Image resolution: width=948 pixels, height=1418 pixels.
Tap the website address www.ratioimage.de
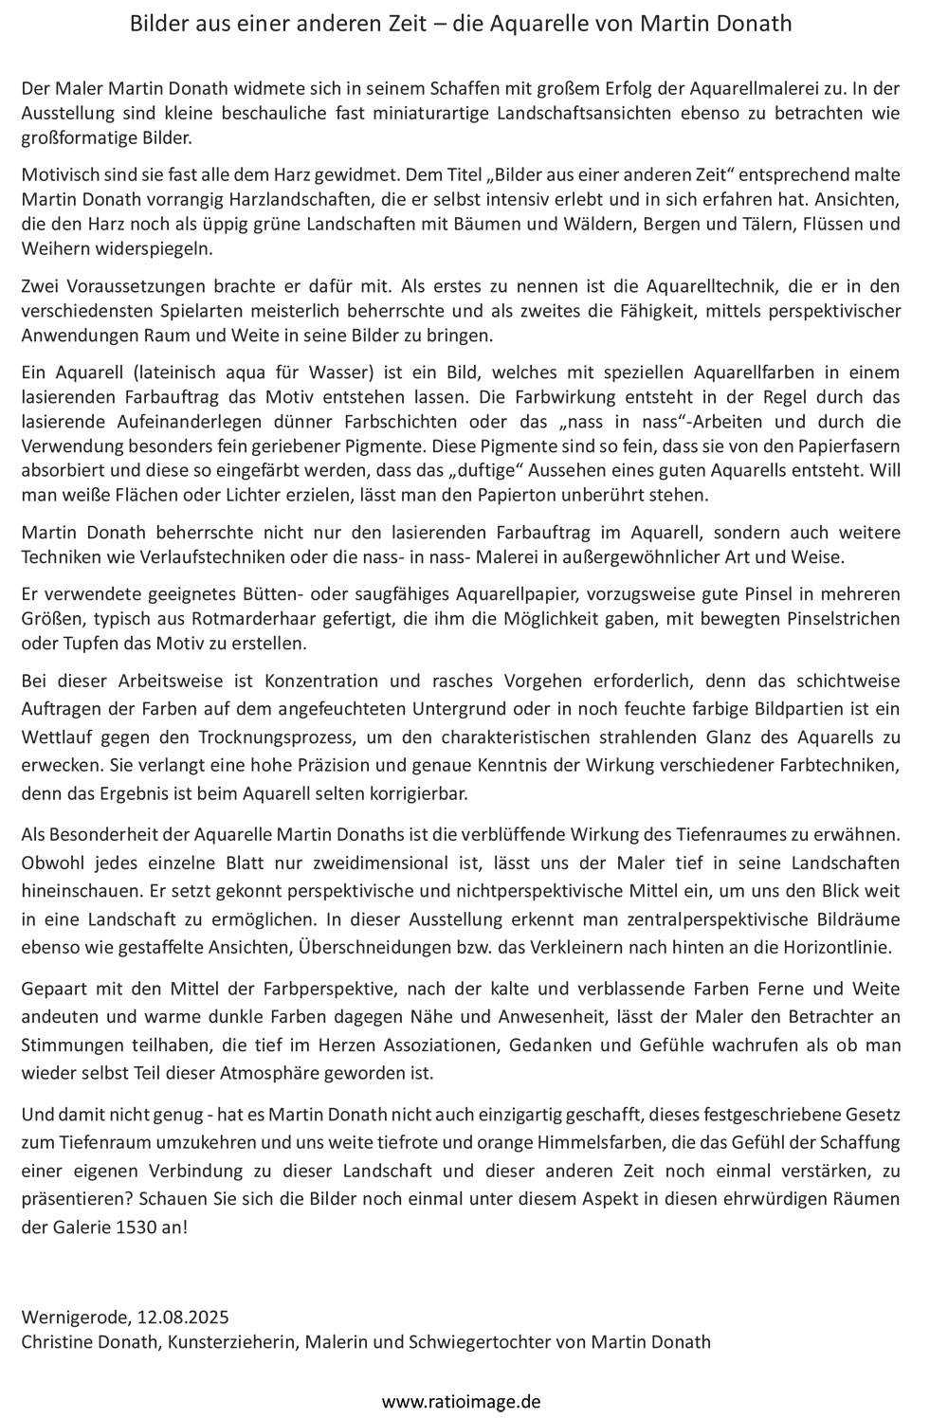click(461, 1400)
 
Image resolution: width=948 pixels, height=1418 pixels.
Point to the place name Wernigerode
click(74, 1317)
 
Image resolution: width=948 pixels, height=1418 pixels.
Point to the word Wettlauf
click(55, 737)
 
